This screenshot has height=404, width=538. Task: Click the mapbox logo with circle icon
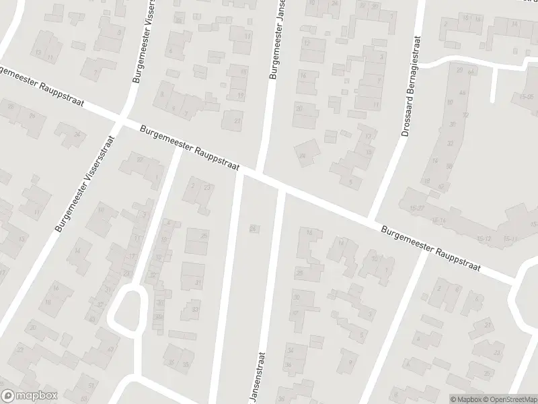pyautogui.click(x=29, y=396)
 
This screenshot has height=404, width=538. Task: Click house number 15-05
pyautogui.click(x=526, y=97)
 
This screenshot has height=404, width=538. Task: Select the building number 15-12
pyautogui.click(x=485, y=238)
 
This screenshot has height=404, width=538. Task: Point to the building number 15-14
pyautogui.click(x=439, y=220)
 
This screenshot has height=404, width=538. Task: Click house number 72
pyautogui.click(x=465, y=115)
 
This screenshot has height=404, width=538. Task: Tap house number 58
pyautogui.click(x=449, y=166)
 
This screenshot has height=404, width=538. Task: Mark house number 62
pyautogui.click(x=442, y=187)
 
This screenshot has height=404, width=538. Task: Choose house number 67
pyautogui.click(x=110, y=349)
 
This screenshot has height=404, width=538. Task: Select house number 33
pyautogui.click(x=195, y=310)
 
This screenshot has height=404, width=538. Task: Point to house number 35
pyautogui.click(x=185, y=364)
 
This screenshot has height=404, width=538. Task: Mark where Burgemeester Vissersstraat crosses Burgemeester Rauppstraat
pyautogui.click(x=120, y=121)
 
